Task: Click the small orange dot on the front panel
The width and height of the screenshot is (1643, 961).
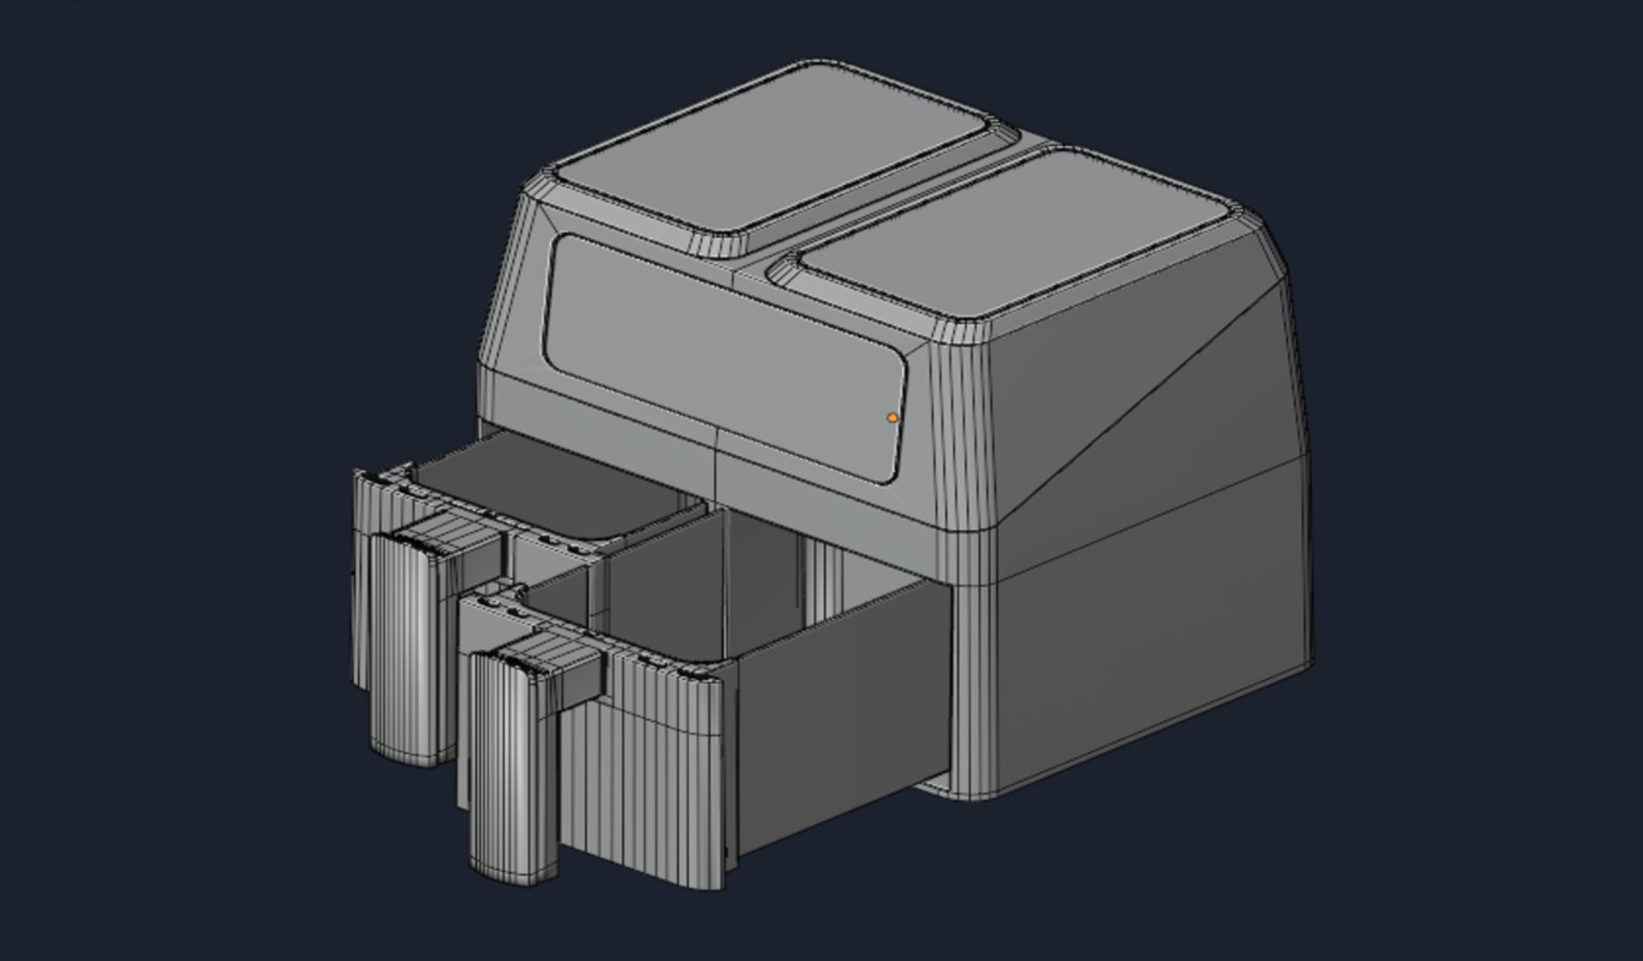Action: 892,417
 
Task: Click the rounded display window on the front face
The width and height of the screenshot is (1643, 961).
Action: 721,347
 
